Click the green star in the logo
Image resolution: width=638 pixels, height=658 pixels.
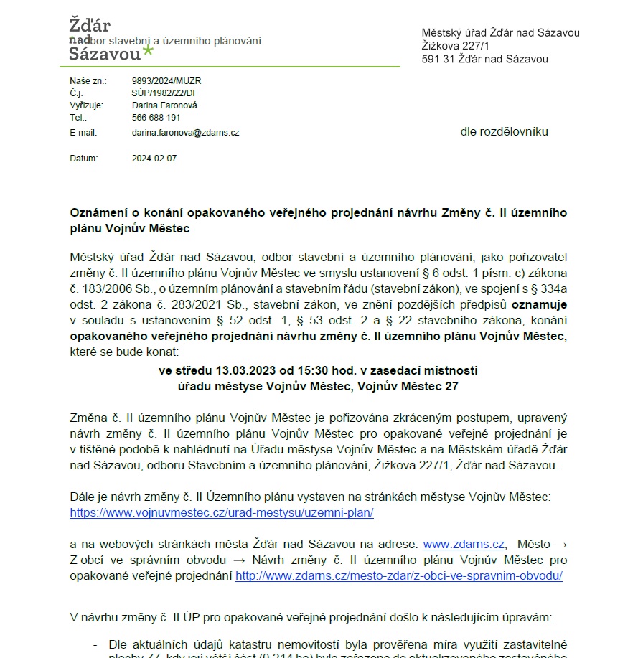point(148,50)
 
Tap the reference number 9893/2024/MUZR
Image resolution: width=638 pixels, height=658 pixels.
point(166,81)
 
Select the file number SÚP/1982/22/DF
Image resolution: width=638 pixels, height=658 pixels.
point(164,93)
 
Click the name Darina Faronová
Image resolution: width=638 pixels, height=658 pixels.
point(164,105)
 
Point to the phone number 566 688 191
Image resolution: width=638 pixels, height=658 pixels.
point(156,117)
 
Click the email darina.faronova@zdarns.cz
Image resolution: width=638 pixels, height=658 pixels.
point(185,133)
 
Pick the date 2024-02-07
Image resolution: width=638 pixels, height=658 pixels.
point(154,159)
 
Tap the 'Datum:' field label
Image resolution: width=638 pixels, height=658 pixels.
point(83,159)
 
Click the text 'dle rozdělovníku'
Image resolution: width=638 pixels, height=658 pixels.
point(504,132)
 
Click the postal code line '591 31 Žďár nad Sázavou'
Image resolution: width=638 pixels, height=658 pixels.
point(484,59)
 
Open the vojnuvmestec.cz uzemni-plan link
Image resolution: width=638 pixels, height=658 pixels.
point(222,513)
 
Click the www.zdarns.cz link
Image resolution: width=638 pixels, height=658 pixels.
point(464,544)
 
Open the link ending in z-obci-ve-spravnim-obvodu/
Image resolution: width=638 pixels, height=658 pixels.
point(398,575)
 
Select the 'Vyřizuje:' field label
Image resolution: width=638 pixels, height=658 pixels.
point(87,105)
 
